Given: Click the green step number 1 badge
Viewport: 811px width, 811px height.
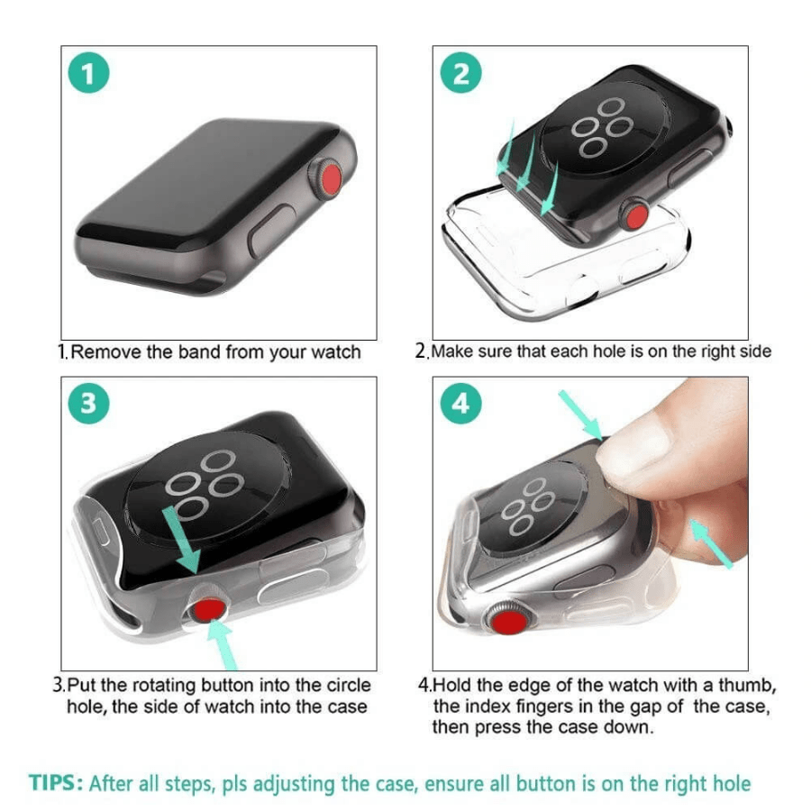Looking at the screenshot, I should point(88,75).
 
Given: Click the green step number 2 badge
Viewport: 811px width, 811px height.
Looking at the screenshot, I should point(460,75).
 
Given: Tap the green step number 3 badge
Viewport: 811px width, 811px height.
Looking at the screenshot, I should point(88,404).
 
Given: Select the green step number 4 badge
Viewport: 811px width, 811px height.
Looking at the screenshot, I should point(460,404).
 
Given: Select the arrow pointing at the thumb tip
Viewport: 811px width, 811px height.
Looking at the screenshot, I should point(581,415).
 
